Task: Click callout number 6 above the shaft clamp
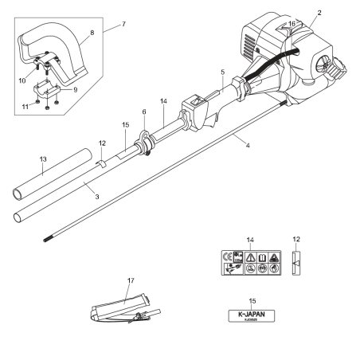(143, 113)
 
